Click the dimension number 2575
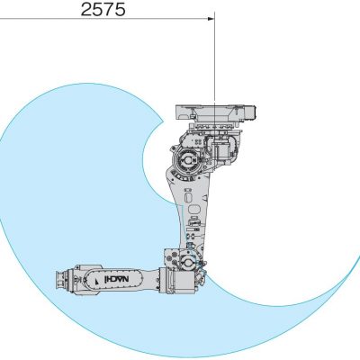click(103, 9)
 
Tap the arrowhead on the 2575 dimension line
click(211, 18)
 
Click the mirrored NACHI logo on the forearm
click(116, 280)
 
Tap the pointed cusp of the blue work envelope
click(163, 122)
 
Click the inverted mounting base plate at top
click(215, 112)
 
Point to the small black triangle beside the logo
click(97, 281)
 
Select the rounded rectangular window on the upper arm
click(194, 209)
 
